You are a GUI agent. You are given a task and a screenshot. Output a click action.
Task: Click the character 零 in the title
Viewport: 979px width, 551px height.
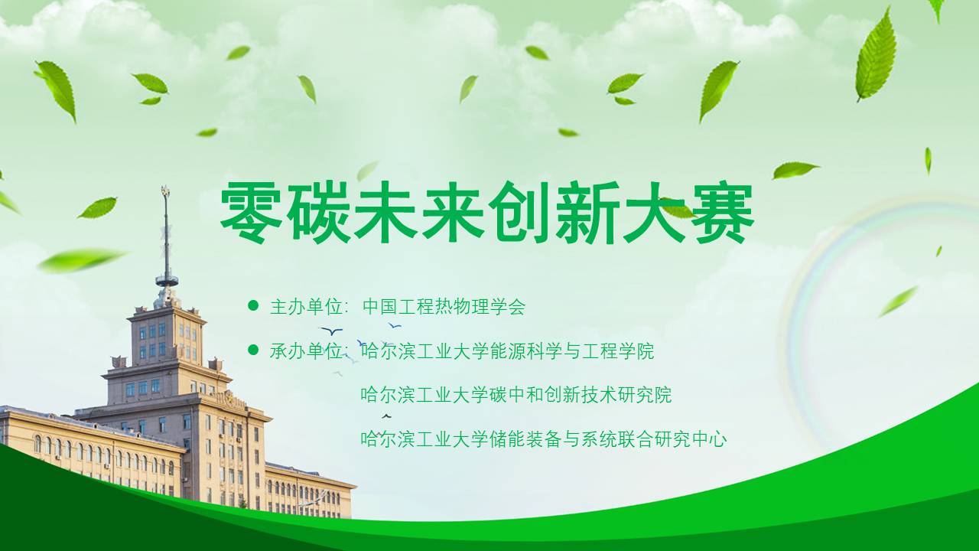pyautogui.click(x=251, y=213)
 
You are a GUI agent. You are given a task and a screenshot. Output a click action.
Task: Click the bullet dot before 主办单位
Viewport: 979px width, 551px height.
pyautogui.click(x=253, y=305)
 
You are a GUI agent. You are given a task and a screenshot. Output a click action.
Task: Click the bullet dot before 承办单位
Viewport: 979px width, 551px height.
pyautogui.click(x=253, y=350)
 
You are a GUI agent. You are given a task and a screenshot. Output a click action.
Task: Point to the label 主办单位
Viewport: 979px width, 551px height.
pyautogui.click(x=306, y=307)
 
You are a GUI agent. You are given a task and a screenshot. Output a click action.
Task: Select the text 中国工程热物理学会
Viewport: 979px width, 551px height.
pyautogui.click(x=444, y=307)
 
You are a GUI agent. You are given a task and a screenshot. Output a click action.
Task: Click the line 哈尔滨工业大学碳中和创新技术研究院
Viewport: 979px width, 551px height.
pyautogui.click(x=516, y=395)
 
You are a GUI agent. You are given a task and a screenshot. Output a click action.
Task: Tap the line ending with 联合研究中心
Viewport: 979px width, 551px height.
pyautogui.click(x=544, y=439)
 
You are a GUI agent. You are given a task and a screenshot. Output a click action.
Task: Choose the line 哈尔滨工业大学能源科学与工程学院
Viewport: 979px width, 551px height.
pyautogui.click(x=507, y=351)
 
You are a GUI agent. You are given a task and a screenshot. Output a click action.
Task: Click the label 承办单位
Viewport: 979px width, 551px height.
pyautogui.click(x=306, y=351)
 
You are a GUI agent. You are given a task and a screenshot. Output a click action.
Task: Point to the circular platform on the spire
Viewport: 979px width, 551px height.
pyautogui.click(x=167, y=280)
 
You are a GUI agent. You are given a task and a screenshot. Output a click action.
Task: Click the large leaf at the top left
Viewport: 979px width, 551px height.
pyautogui.click(x=57, y=90)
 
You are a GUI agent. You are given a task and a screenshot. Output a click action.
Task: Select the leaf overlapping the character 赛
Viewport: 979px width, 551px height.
pyautogui.click(x=677, y=208)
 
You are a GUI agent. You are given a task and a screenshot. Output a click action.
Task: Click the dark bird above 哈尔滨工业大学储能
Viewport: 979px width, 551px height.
pyautogui.click(x=386, y=416)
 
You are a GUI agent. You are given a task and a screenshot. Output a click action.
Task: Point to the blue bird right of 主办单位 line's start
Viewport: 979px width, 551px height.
pyautogui.click(x=331, y=331)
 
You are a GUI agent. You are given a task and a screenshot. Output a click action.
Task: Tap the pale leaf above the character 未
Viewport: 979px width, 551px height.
pyautogui.click(x=367, y=171)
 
